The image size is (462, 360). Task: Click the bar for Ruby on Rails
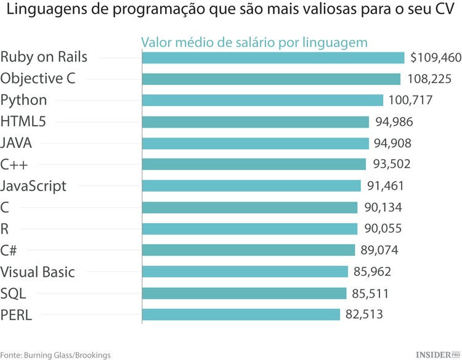pos(274,57)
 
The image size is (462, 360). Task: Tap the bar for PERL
pos(241,314)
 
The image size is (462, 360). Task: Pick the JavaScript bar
pos(251,186)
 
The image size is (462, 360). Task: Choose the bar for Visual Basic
pos(245,271)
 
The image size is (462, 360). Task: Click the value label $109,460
pos(435,57)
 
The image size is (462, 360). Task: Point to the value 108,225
pos(429,79)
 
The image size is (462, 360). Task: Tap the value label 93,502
pos(392,164)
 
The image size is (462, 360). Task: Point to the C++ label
pos(15,164)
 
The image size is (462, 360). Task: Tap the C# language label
pos(9,250)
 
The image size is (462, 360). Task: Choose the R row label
pos(5,229)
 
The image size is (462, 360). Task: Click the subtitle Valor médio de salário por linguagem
pos(254,42)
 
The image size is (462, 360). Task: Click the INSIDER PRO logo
pos(438,354)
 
